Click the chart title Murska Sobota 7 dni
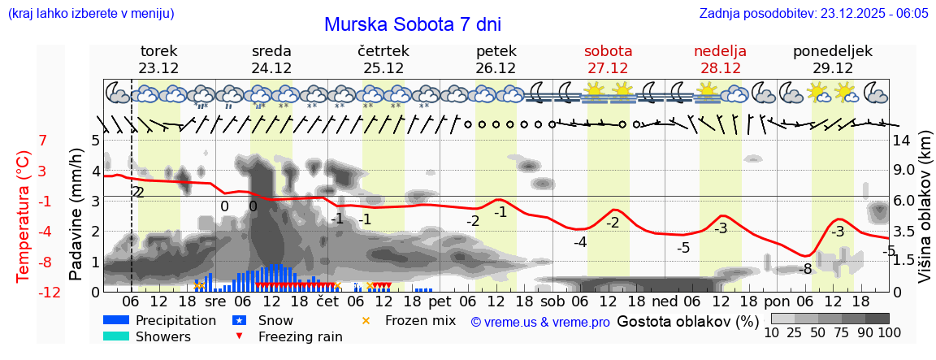(x=418, y=24)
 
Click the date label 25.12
(x=383, y=68)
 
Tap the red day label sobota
(x=608, y=51)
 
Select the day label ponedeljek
(x=833, y=51)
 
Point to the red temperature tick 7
(x=43, y=141)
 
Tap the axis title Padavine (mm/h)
(x=76, y=214)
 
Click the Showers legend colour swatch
(x=115, y=336)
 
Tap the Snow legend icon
(x=239, y=321)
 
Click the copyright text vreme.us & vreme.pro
(x=540, y=322)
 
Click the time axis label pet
(x=440, y=301)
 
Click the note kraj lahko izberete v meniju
(x=90, y=13)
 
